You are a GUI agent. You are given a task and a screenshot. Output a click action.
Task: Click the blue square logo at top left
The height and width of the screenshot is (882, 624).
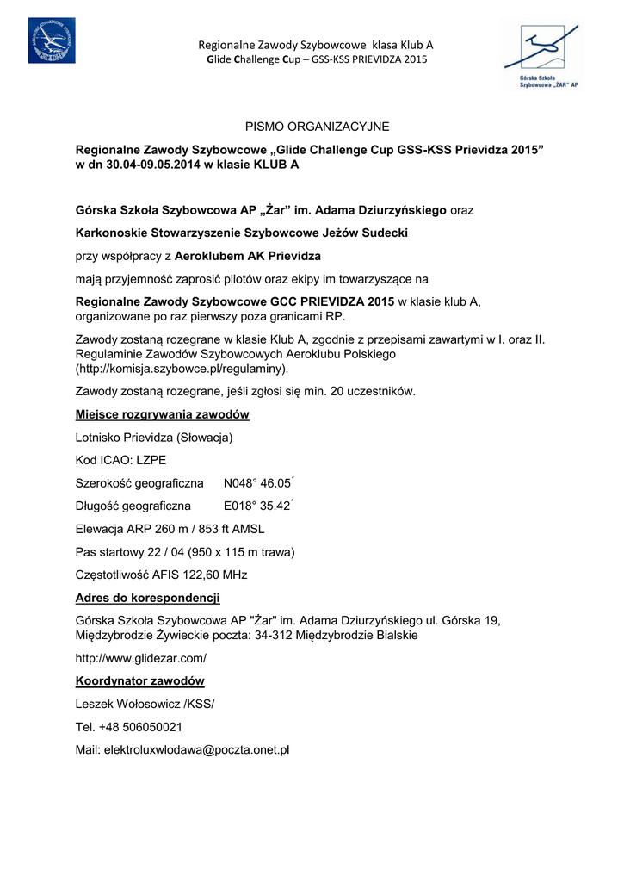[51, 40]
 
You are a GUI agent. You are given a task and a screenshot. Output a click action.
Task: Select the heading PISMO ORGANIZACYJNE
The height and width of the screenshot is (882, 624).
[317, 127]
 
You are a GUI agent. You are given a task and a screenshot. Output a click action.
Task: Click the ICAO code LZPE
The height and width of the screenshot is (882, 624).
[146, 460]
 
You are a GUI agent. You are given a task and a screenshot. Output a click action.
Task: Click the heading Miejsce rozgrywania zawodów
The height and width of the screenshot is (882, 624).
[162, 414]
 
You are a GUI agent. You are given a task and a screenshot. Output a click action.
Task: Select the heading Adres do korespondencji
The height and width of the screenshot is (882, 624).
[147, 597]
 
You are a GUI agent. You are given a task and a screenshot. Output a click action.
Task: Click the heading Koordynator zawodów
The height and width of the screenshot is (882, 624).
[139, 681]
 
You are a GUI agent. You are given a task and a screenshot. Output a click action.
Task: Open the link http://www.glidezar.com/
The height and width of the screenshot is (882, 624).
[141, 658]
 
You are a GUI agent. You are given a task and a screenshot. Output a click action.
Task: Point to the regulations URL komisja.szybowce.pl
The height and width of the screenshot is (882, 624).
[181, 369]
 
